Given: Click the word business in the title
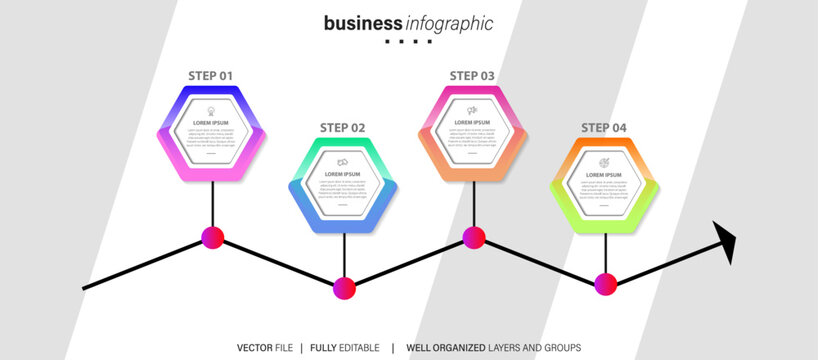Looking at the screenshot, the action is point(363,23).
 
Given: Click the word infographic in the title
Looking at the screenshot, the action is point(449,23).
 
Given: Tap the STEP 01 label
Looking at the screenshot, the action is point(211,75).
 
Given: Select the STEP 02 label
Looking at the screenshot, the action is point(342,127).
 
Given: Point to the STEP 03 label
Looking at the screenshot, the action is point(472,75).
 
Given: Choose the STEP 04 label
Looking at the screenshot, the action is point(604,127).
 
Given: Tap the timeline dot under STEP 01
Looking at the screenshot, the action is point(212,237).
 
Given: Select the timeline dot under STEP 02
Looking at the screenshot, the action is point(344,288).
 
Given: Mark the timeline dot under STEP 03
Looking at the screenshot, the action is point(474,237).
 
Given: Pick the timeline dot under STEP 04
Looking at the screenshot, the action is point(606,284).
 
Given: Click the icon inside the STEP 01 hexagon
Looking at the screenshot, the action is point(211,110).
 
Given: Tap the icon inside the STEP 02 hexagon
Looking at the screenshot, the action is point(342,162).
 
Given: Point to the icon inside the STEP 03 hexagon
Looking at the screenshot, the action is point(472,110).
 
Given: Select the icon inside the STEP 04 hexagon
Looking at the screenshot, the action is point(604,162).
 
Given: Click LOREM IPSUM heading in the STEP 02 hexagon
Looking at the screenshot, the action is point(342,174).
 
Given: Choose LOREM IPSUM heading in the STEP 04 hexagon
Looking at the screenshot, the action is point(604,174).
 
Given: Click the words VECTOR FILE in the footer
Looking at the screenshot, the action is point(265,347).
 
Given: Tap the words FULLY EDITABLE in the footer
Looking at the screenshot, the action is point(345,347).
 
